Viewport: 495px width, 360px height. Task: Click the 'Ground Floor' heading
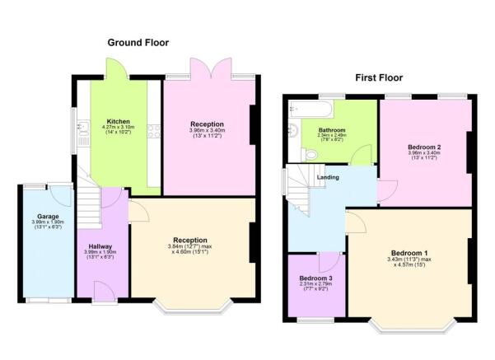click(138, 42)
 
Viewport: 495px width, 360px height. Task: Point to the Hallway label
click(100, 245)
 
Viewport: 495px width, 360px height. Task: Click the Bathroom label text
click(331, 129)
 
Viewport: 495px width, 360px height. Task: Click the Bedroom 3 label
click(315, 278)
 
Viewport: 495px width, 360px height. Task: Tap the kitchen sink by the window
click(82, 129)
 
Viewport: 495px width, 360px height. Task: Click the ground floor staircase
click(88, 203)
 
